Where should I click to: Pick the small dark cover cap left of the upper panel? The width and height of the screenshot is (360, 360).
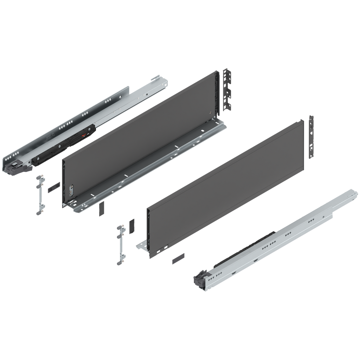click(53, 186)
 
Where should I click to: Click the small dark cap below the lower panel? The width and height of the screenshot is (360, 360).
click(178, 258)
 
